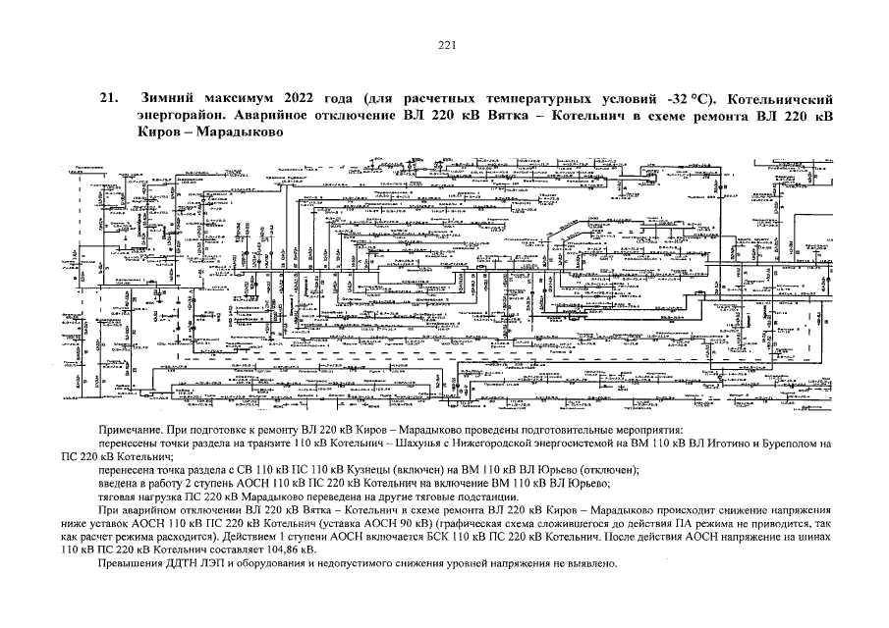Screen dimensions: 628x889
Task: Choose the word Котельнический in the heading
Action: [x=777, y=99]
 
